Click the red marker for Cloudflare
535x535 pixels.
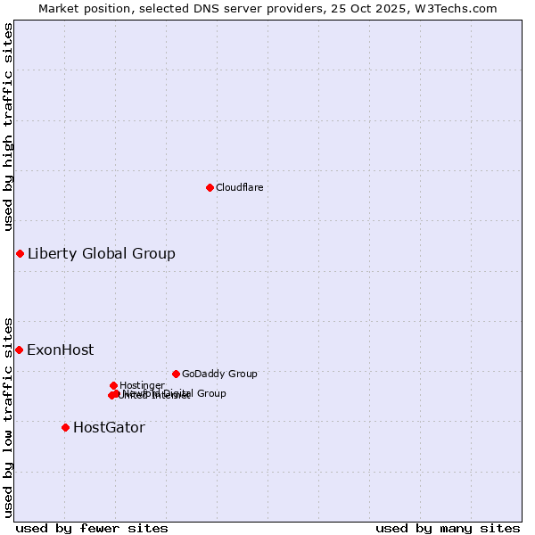tap(210, 187)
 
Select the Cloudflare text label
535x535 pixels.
tap(239, 187)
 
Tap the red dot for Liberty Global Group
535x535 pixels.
tap(20, 254)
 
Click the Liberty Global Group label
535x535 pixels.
tap(101, 254)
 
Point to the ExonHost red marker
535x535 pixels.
tap(19, 350)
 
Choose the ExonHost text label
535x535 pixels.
tap(60, 350)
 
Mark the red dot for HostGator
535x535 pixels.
tap(65, 428)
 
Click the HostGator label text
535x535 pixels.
tap(109, 428)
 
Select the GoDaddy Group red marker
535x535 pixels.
tap(176, 374)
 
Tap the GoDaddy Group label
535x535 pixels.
tap(219, 374)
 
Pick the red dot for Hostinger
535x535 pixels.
tap(113, 385)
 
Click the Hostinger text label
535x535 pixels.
tap(142, 385)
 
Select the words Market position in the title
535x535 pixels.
tap(86, 8)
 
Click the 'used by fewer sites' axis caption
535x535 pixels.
tap(92, 529)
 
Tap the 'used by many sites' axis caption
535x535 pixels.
tap(448, 529)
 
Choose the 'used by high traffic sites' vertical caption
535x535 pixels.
tap(8, 127)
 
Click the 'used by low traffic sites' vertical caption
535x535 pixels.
tap(8, 416)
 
